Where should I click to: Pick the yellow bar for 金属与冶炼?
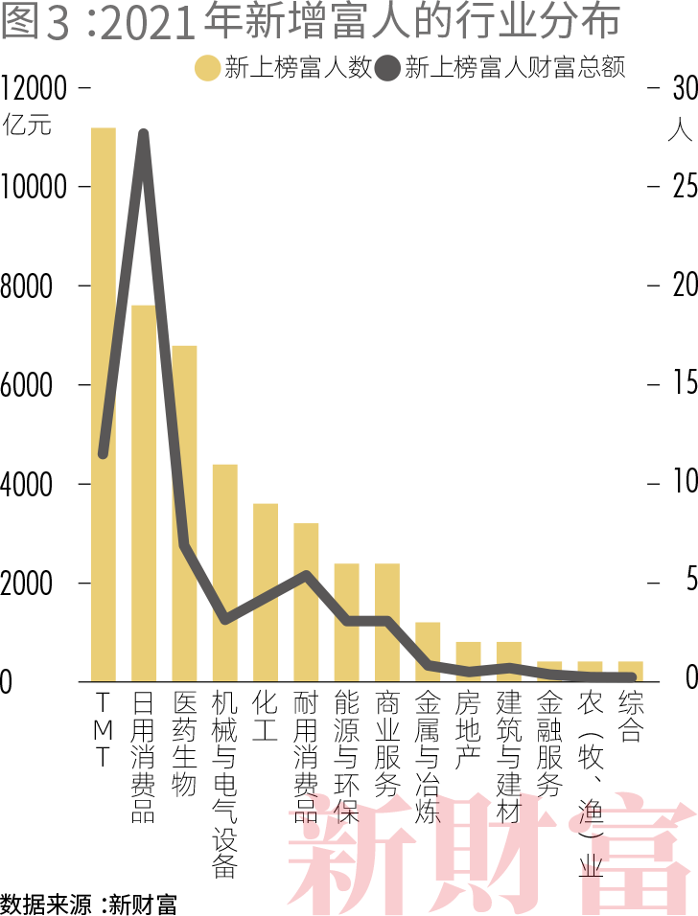[428, 652]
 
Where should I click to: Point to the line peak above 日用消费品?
[144, 134]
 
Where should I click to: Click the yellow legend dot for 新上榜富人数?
[208, 69]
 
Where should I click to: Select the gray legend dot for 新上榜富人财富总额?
[388, 69]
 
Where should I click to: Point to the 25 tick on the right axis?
[684, 187]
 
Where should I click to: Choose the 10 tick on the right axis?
[684, 484]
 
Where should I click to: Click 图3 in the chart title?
[35, 24]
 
